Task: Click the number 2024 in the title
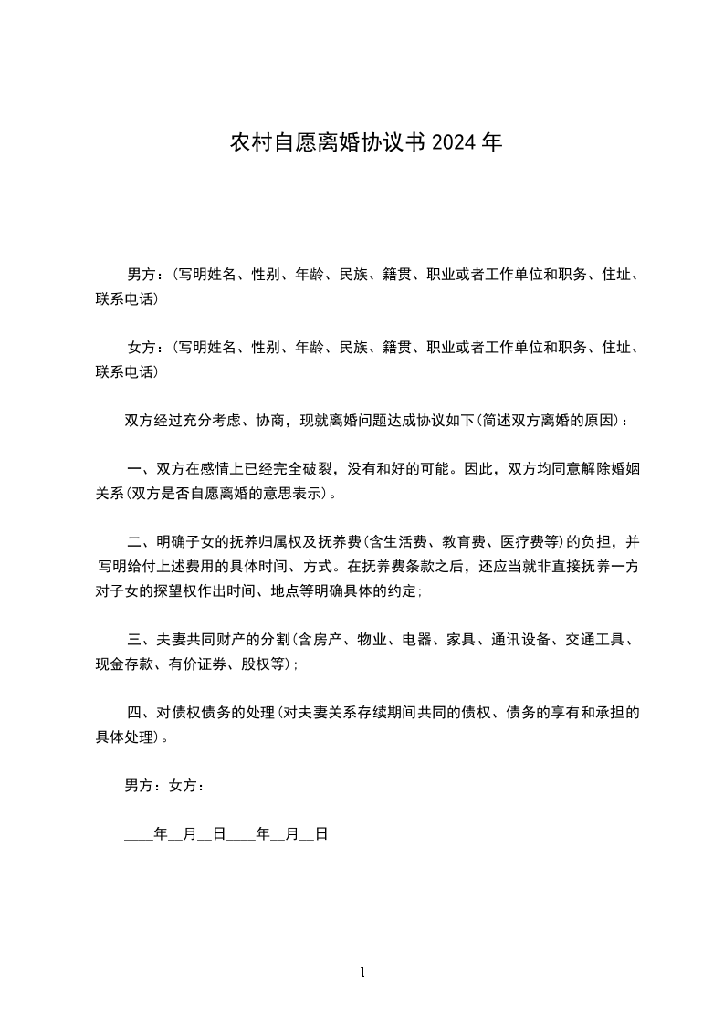454,143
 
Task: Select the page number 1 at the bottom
362,973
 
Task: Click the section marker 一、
140,470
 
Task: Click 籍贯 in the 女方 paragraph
397,347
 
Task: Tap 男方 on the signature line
139,786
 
